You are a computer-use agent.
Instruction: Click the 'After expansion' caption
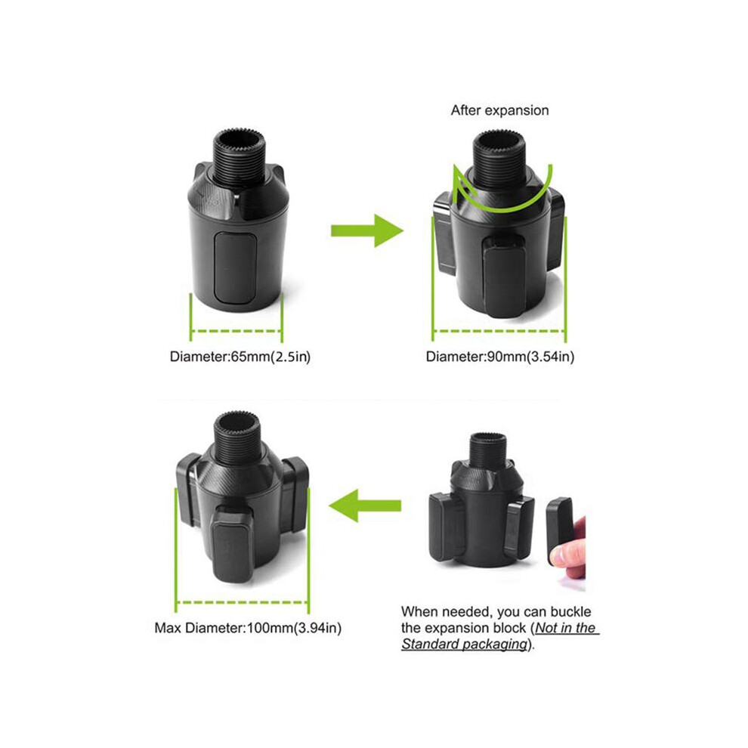pyautogui.click(x=499, y=110)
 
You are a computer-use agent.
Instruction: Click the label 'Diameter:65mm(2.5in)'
pyautogui.click(x=240, y=357)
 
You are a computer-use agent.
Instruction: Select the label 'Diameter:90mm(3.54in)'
pyautogui.click(x=500, y=357)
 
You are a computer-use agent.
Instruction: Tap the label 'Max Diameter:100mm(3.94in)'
pyautogui.click(x=248, y=628)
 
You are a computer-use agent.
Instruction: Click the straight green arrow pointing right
pyautogui.click(x=367, y=231)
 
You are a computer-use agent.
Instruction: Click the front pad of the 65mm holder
pyautogui.click(x=234, y=267)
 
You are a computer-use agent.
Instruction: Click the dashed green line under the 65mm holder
pyautogui.click(x=236, y=331)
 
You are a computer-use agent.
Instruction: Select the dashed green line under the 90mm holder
pyautogui.click(x=499, y=331)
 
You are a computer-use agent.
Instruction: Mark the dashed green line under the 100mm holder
pyautogui.click(x=243, y=602)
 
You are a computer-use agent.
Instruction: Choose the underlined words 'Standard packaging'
pyautogui.click(x=464, y=644)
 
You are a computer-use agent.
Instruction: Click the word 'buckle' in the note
pyautogui.click(x=570, y=611)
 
